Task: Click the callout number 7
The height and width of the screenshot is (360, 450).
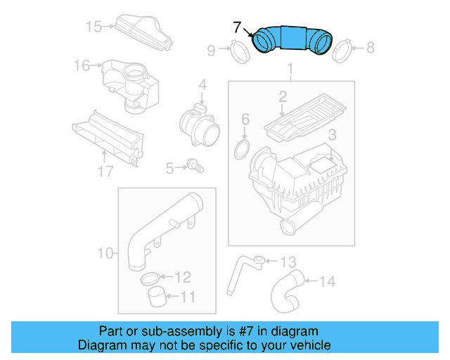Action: (238, 27)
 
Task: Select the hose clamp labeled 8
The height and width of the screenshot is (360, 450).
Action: (342, 50)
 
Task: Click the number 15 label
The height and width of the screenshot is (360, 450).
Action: (94, 27)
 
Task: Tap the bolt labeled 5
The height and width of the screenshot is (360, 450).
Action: (195, 167)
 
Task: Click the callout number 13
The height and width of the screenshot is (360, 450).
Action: (288, 262)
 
